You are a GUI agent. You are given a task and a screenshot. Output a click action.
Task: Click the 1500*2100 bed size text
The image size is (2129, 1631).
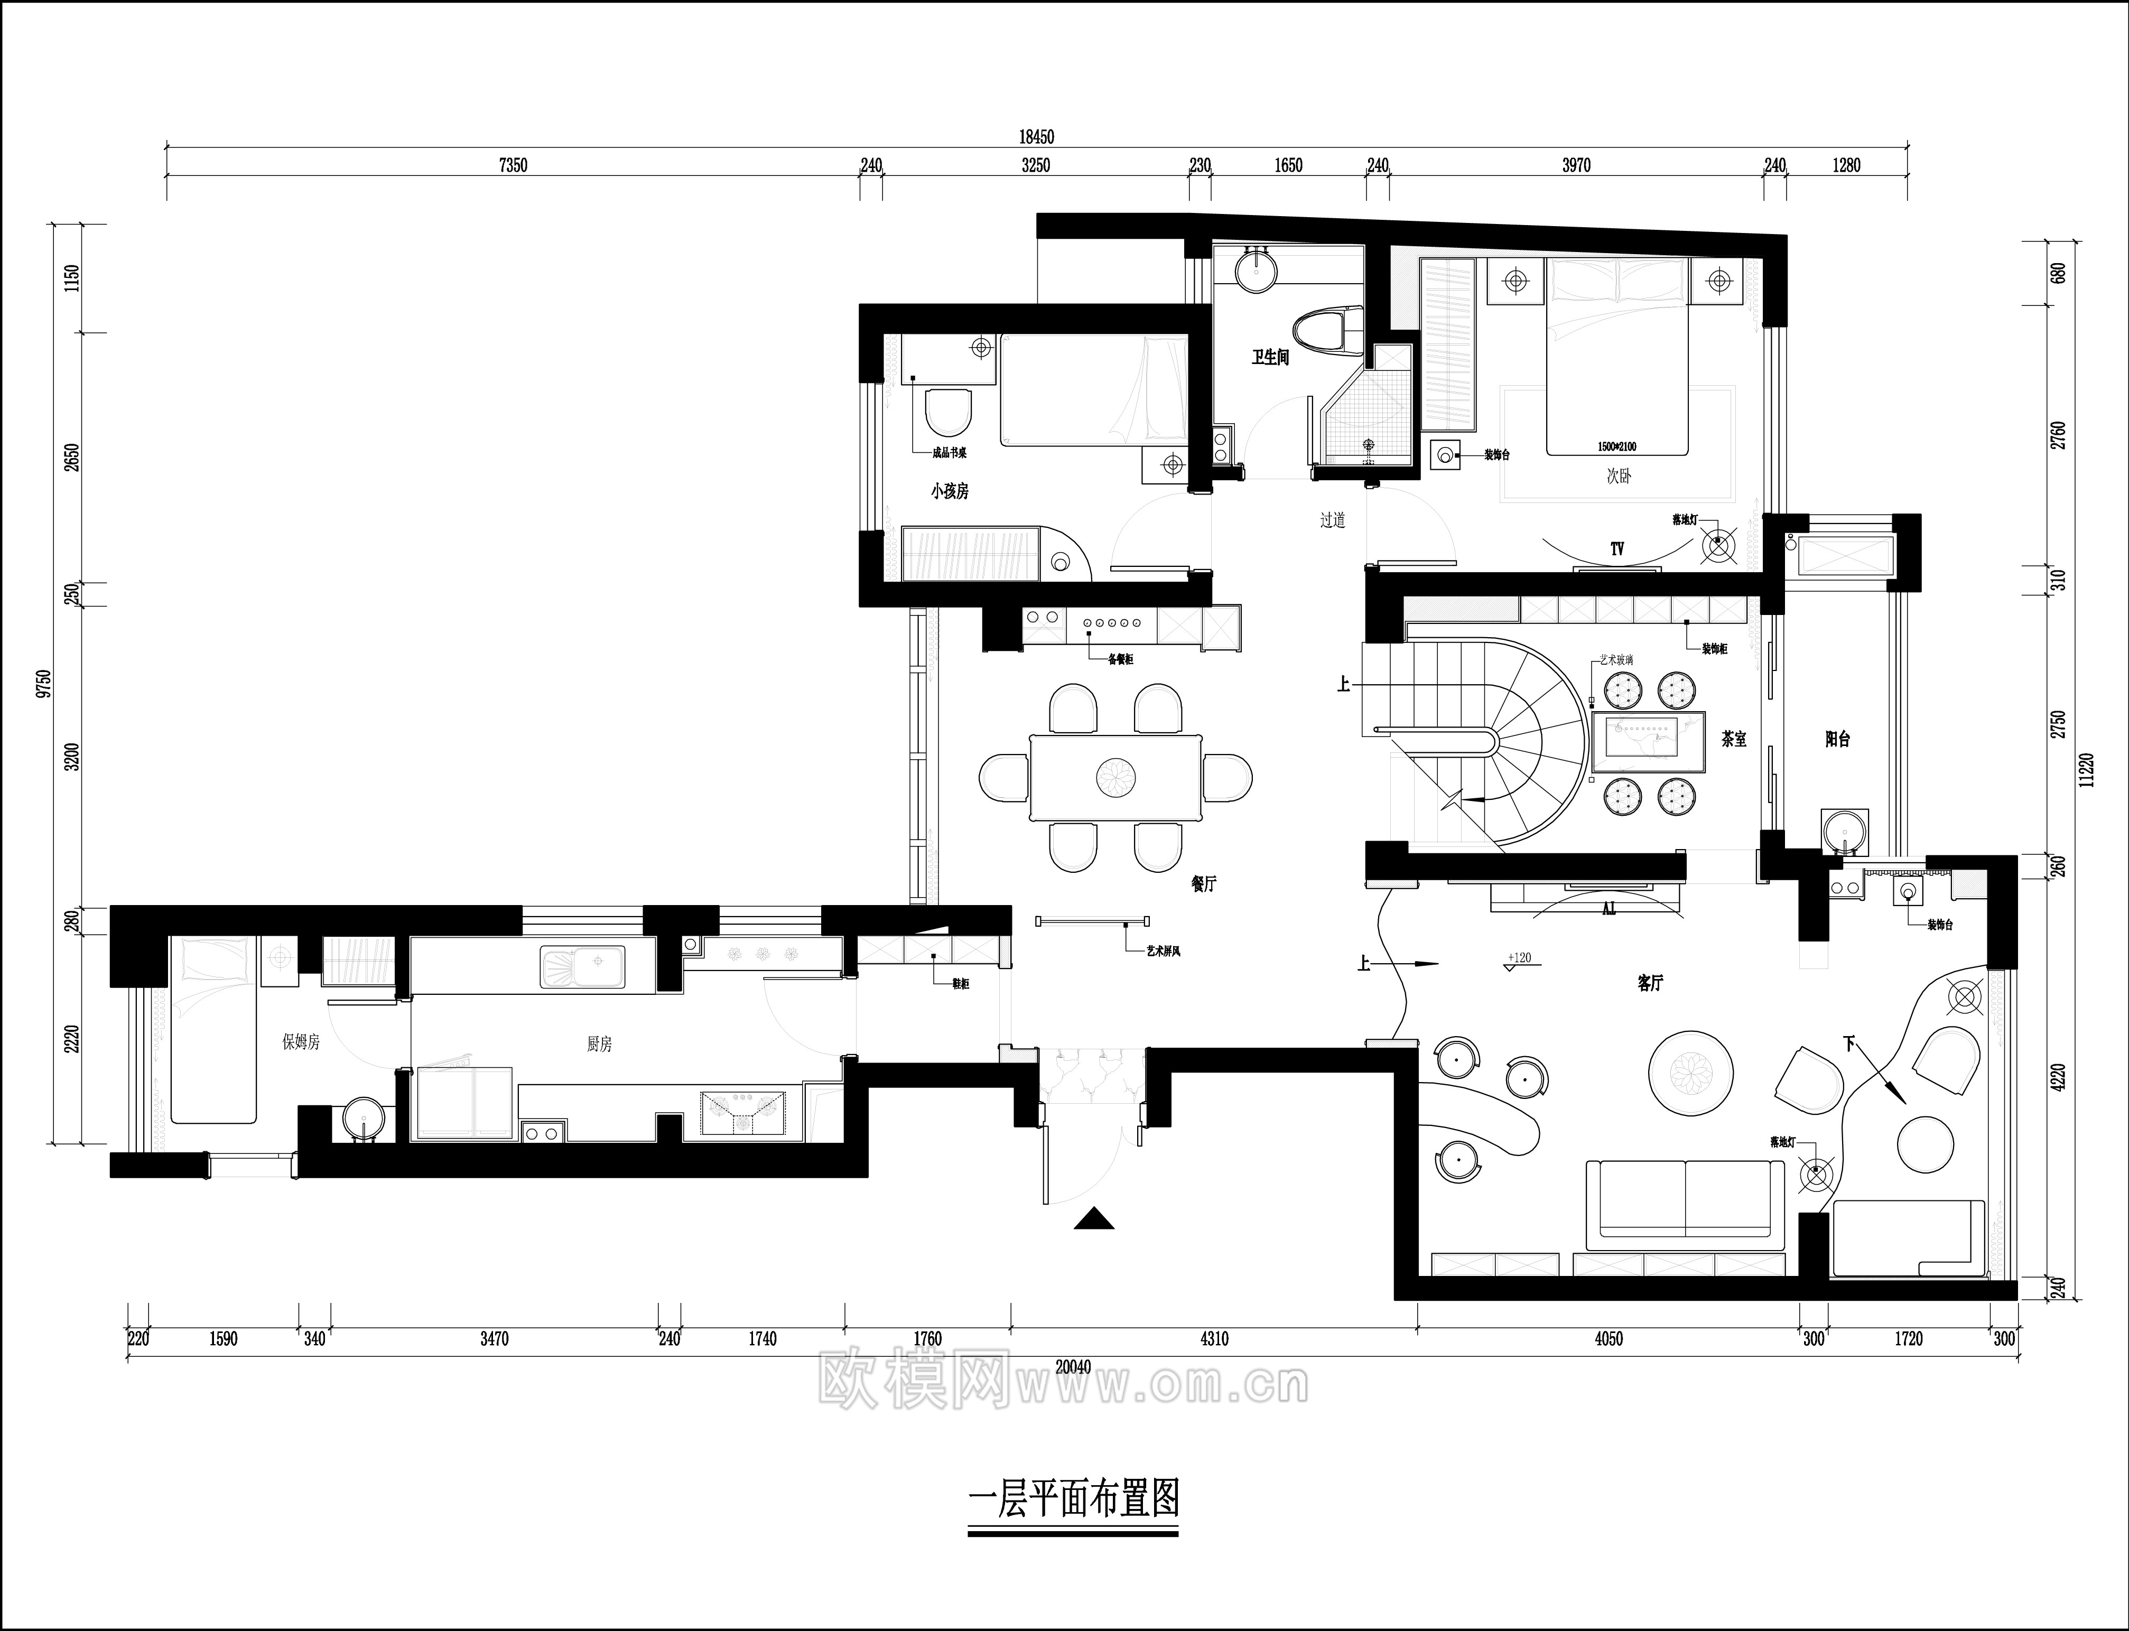tap(1616, 446)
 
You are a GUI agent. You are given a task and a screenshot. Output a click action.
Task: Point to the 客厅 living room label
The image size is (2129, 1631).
tap(1650, 983)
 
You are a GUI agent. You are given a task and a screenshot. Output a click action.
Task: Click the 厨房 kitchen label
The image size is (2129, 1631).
tap(599, 1045)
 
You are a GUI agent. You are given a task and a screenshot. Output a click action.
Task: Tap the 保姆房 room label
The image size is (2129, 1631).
tap(301, 1042)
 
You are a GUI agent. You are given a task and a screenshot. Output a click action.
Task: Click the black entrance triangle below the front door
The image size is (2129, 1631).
tap(1094, 1219)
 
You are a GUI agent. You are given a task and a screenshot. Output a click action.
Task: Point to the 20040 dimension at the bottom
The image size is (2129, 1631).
tap(1073, 1367)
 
